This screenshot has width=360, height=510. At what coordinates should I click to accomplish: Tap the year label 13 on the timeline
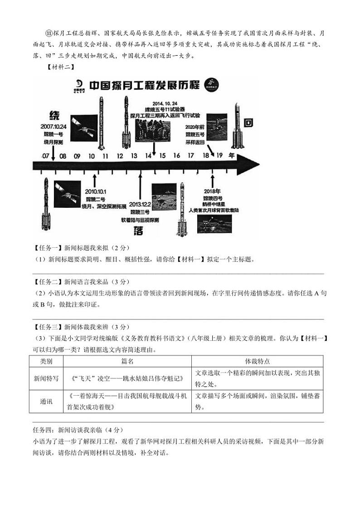tap(134, 156)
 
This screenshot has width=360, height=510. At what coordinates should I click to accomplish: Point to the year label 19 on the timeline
tap(219, 156)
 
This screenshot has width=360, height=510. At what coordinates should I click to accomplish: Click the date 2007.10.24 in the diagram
tap(53, 126)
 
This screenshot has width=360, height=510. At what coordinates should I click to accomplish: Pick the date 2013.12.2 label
tap(139, 205)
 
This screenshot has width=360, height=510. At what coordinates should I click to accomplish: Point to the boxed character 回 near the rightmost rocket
tap(248, 123)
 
